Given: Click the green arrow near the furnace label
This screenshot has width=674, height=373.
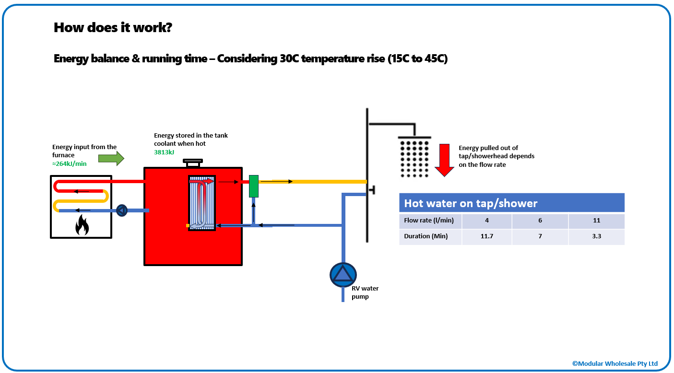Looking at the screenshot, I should tap(111, 158).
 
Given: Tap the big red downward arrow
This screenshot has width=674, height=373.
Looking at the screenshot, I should tap(445, 160).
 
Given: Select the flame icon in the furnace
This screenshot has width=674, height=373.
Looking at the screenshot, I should tap(82, 225).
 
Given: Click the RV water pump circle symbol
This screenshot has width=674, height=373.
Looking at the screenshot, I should tap(343, 274).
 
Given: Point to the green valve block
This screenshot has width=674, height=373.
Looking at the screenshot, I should tap(254, 186).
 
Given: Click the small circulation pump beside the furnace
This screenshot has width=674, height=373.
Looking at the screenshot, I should tap(122, 210).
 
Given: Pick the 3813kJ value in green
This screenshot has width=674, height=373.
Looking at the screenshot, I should tap(164, 152).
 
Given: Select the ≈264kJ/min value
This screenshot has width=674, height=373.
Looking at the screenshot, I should tap(70, 163).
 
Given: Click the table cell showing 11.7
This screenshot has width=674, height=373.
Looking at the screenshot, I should tap(486, 236).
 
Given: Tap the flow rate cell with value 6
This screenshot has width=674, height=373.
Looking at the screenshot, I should tap(540, 221).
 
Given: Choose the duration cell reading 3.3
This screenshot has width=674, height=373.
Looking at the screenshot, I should tap(596, 236).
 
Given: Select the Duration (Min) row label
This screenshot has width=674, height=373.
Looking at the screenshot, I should tap(426, 236).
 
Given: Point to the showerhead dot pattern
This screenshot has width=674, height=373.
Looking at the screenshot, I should tap(414, 158).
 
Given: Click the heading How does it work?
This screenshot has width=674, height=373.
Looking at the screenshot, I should tap(113, 27).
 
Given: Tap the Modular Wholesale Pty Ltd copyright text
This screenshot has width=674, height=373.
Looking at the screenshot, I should tap(615, 363).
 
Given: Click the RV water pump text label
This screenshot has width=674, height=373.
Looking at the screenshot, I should tap(366, 292).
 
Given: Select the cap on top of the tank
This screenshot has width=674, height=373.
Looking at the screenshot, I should tap(193, 163).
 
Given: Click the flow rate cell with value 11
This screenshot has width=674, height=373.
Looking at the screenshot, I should tap(596, 221).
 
